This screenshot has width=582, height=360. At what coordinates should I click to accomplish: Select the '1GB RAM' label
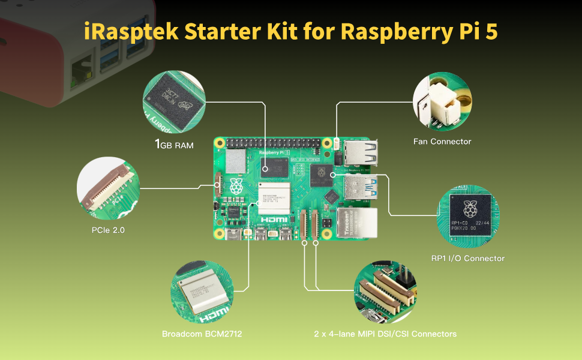click(x=175, y=145)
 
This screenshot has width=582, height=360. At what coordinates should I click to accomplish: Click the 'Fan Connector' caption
click(x=442, y=142)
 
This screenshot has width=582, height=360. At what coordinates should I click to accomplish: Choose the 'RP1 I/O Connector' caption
click(x=468, y=259)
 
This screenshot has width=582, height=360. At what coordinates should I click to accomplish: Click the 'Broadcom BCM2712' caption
click(x=202, y=334)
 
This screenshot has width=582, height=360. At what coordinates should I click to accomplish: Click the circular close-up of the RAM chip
click(x=173, y=103)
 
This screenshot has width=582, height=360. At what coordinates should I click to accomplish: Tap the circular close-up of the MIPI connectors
click(x=385, y=292)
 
